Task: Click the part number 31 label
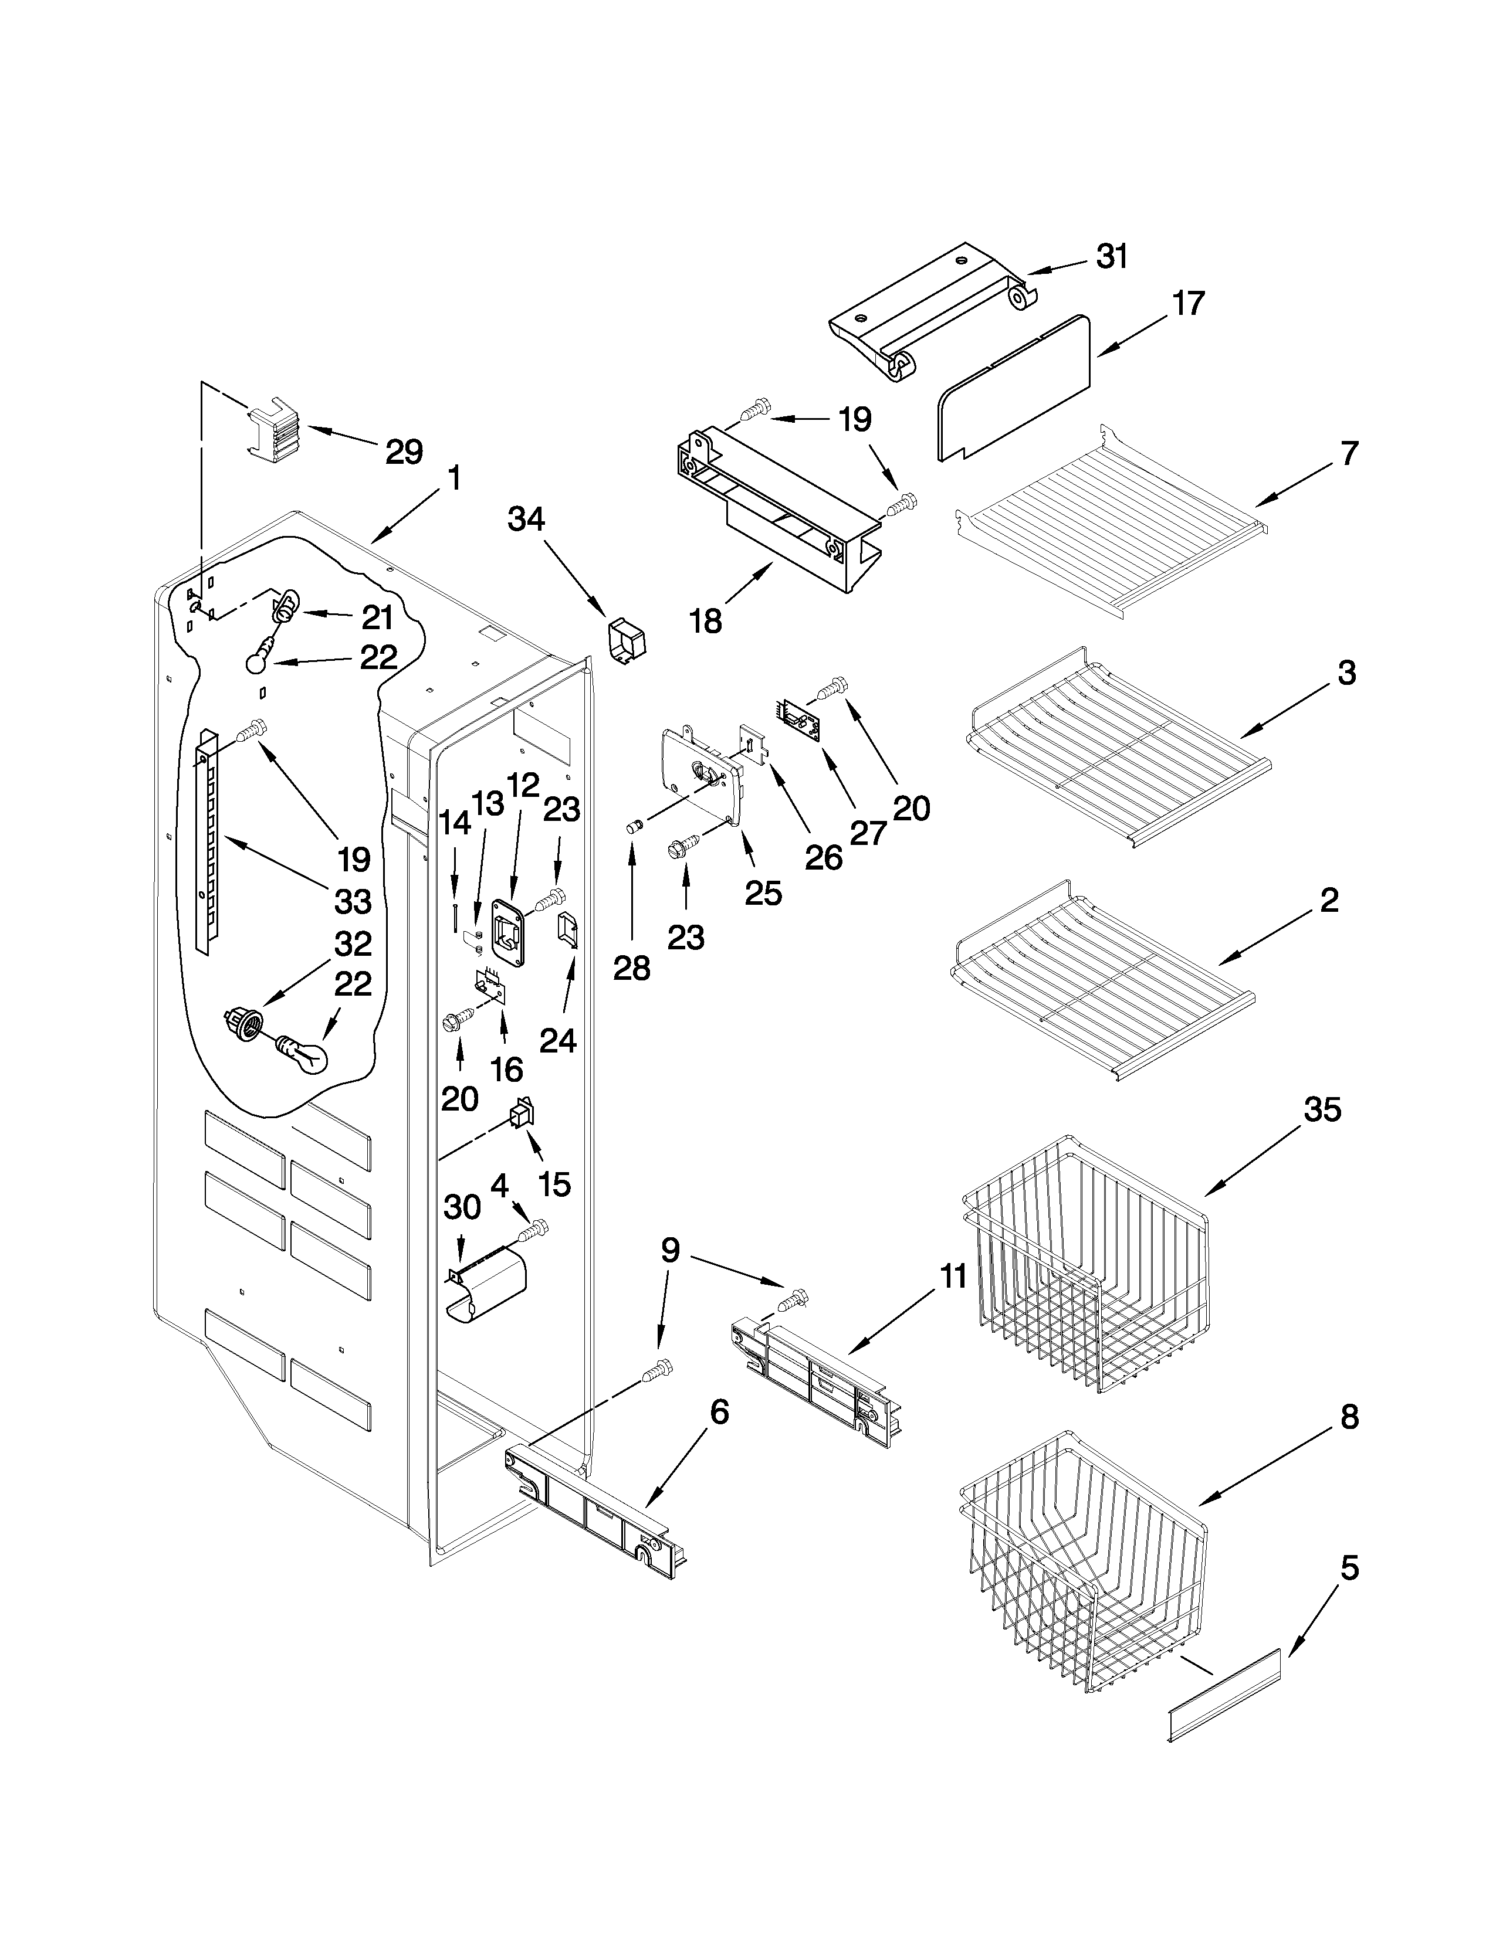1112,257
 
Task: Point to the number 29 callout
404,452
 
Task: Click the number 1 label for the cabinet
453,479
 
